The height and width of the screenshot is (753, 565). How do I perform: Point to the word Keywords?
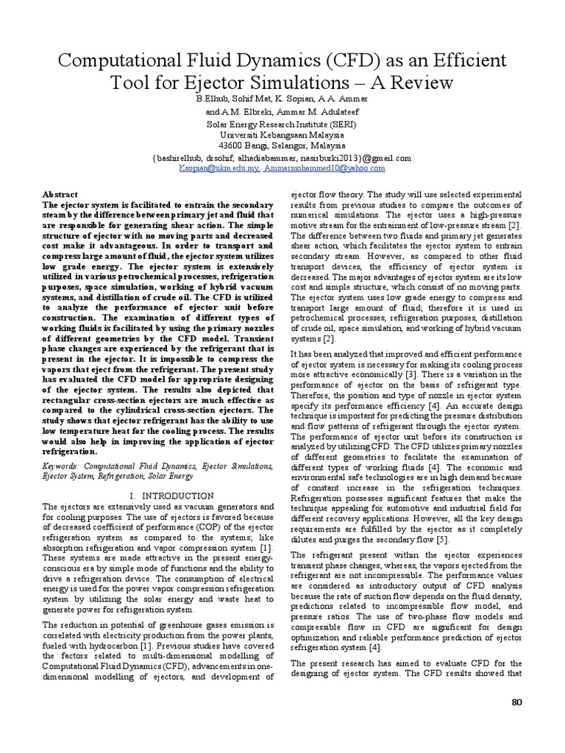63,466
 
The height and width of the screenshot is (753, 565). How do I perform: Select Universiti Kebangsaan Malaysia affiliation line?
283,136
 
